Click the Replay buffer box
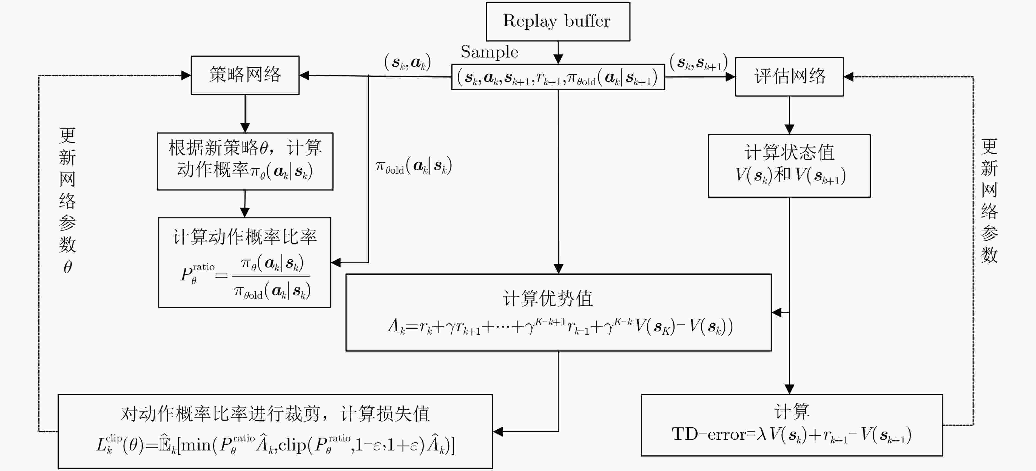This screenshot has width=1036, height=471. (x=558, y=22)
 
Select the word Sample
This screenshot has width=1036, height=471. (x=489, y=52)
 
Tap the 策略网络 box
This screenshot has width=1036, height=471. (x=245, y=75)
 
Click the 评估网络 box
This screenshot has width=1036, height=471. (x=789, y=77)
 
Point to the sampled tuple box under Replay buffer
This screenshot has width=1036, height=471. (x=558, y=77)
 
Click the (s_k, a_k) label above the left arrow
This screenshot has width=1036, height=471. (x=407, y=62)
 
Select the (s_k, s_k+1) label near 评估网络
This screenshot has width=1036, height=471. (x=698, y=62)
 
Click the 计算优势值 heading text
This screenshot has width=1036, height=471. (x=548, y=298)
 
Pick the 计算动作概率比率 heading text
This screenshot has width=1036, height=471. (x=244, y=237)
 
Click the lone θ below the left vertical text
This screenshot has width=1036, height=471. (x=68, y=267)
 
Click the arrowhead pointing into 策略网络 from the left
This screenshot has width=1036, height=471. (x=186, y=75)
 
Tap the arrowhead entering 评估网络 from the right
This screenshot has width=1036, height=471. (x=849, y=77)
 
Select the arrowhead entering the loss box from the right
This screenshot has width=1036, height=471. (x=498, y=432)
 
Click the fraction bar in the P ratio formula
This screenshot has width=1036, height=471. (x=271, y=276)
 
